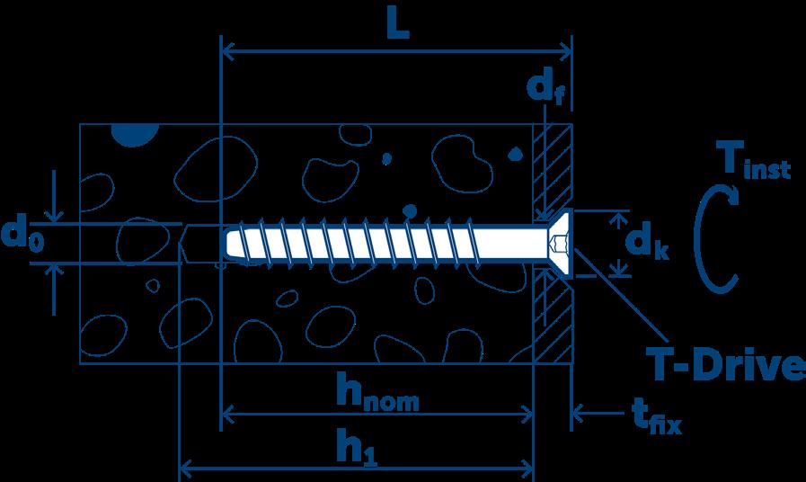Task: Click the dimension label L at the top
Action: tap(396, 24)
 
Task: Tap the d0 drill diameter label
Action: tap(24, 237)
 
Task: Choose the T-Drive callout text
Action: tap(724, 366)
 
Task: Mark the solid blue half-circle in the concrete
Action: tap(135, 134)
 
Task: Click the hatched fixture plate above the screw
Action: tap(553, 166)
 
